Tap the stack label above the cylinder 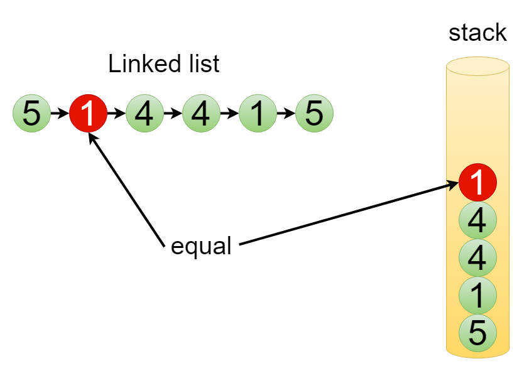477,33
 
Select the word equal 201,247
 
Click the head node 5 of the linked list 31,114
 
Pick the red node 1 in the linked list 88,114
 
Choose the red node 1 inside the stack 477,183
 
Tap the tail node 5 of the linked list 314,114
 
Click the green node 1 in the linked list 258,114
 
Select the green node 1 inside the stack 477,294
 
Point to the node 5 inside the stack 477,332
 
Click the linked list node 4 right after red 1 145,114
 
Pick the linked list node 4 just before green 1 201,114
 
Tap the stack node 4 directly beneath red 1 477,220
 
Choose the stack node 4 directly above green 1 477,257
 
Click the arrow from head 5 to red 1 59,114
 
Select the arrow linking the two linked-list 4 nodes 173,114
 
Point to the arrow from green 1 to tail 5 286,114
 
